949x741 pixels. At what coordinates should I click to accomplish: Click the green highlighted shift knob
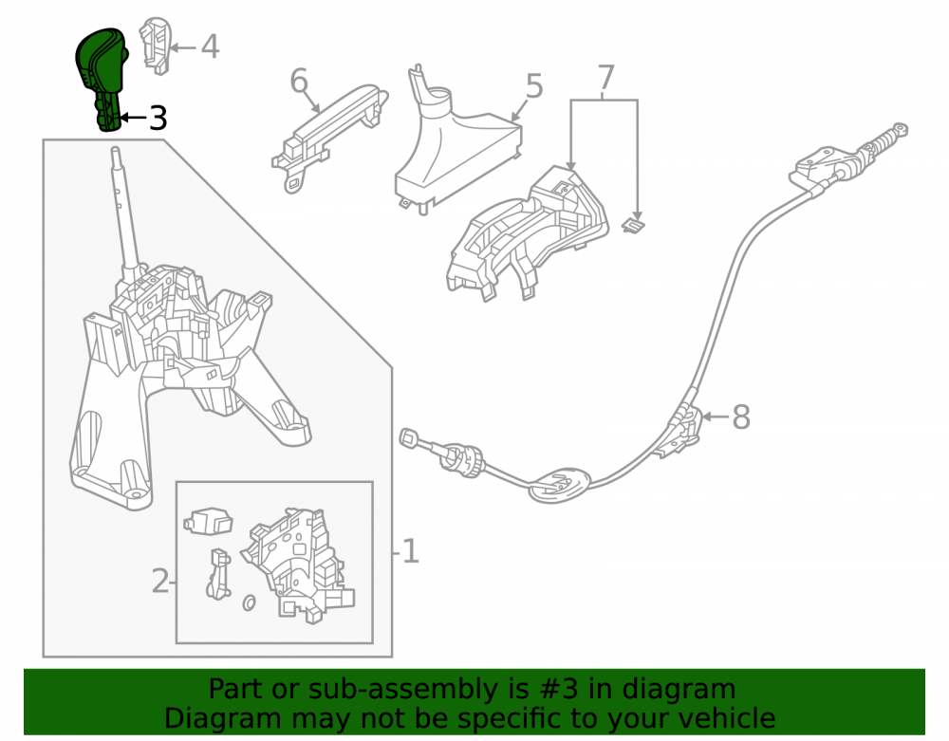tap(101, 76)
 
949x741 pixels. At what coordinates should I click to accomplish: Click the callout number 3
tap(158, 118)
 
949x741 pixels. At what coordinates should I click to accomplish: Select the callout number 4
tap(210, 46)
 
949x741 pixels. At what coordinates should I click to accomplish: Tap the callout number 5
tap(533, 86)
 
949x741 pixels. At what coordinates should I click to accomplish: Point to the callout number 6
tap(299, 81)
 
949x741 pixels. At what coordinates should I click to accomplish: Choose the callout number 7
tap(605, 78)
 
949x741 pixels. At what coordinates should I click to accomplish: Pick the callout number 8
tap(741, 417)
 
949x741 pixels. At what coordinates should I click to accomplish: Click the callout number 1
tap(410, 551)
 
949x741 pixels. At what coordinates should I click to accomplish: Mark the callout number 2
tap(159, 582)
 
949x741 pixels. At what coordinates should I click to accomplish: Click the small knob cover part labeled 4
tap(154, 46)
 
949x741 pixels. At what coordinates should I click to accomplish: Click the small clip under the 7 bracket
tap(633, 225)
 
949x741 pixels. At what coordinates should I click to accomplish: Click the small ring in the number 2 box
tap(249, 602)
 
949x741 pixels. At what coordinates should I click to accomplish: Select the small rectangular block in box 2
tap(208, 521)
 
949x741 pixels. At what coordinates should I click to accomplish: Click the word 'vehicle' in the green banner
tap(726, 718)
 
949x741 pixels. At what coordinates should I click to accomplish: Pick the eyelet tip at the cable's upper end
tap(900, 129)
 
